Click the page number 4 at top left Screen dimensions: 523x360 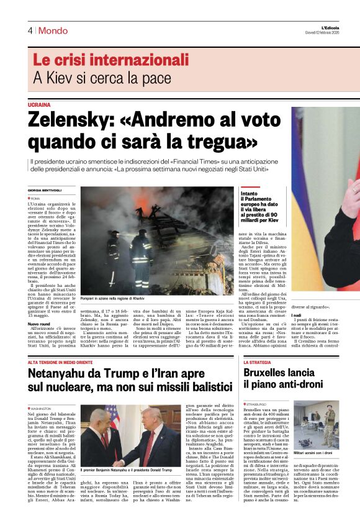(x=30, y=30)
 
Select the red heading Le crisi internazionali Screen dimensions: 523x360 (x=102, y=61)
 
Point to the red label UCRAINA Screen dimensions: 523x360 (x=39, y=105)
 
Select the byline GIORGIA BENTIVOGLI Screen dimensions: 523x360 (x=45, y=190)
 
